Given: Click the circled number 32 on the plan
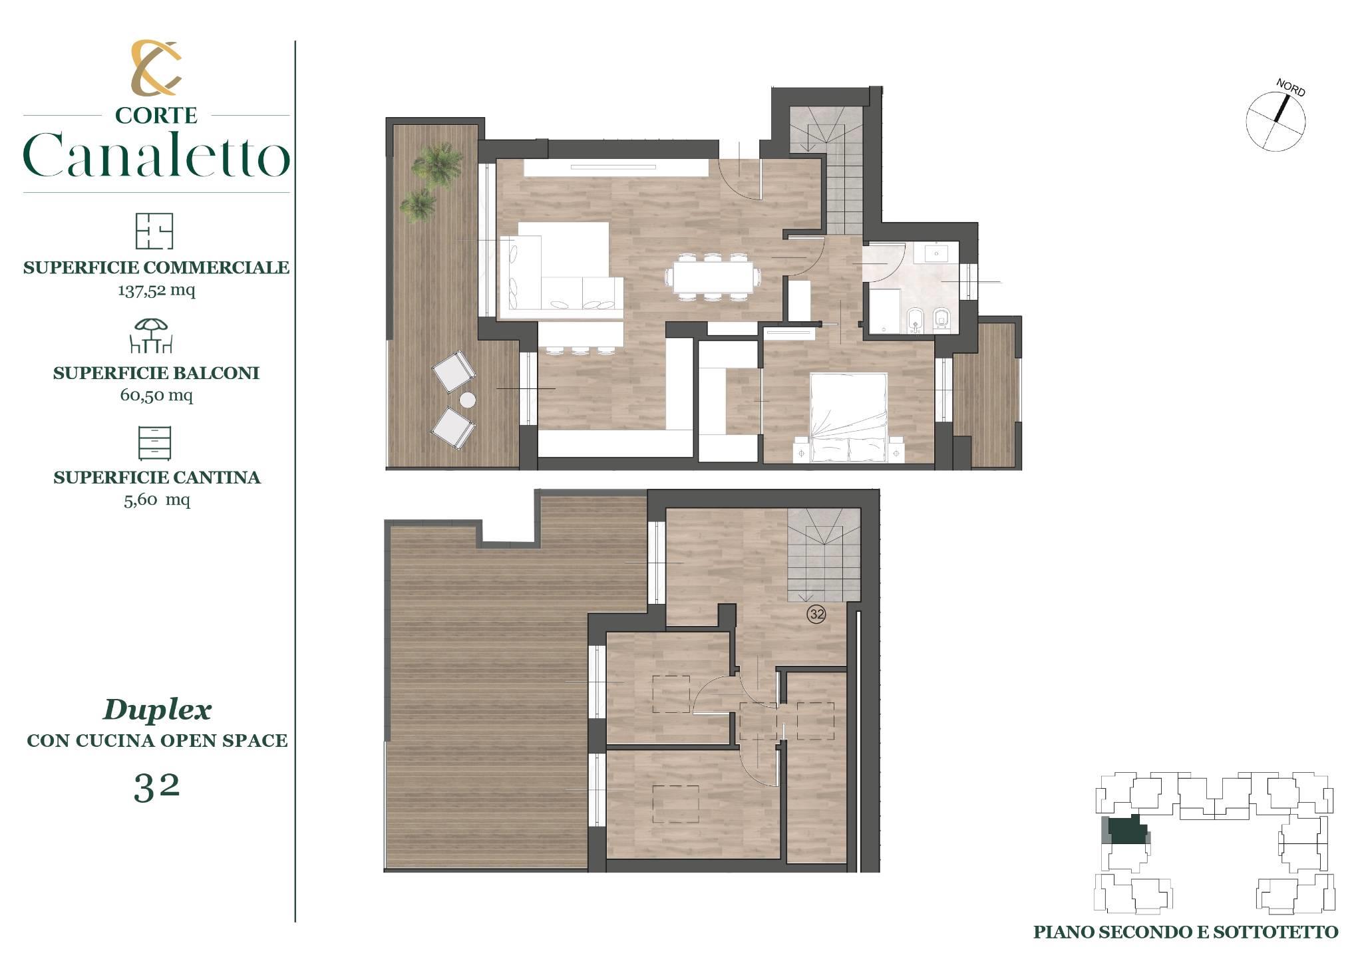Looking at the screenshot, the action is (816, 615).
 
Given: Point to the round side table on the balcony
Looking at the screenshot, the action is (468, 400).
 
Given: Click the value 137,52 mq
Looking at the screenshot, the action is (157, 290).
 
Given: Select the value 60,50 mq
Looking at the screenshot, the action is (156, 395).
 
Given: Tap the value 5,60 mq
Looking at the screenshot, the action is (157, 499).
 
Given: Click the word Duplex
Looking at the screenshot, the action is (157, 710).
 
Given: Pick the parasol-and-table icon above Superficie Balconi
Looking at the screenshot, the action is (152, 336).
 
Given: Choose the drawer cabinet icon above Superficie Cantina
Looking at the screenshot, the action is (154, 443).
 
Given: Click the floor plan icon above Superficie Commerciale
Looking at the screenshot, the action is (154, 231).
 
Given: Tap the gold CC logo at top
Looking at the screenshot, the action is (156, 67).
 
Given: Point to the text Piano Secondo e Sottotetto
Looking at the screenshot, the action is (1186, 932).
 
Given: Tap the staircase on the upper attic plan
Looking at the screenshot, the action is (824, 555).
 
